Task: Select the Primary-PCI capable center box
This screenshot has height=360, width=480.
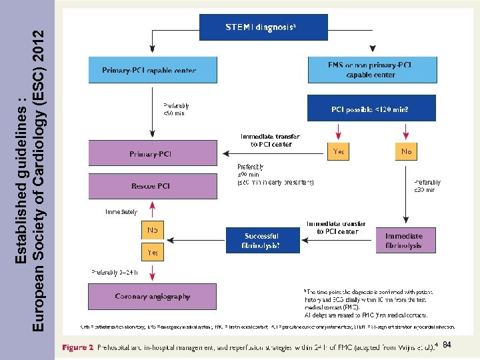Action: click(x=153, y=70)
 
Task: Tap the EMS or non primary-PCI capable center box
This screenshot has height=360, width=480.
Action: click(x=371, y=70)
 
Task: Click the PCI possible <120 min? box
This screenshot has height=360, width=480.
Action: click(x=371, y=108)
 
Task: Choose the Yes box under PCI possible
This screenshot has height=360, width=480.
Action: click(x=339, y=152)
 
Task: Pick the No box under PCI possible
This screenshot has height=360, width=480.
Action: click(x=407, y=152)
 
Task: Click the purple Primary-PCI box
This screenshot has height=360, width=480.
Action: click(x=153, y=154)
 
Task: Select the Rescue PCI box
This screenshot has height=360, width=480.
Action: click(x=153, y=186)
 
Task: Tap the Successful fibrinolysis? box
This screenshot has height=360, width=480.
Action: click(x=262, y=240)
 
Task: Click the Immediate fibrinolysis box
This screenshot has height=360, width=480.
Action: click(x=403, y=240)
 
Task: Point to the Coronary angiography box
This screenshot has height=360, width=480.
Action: click(x=153, y=296)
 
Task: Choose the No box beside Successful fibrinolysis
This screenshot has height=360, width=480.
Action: click(x=153, y=231)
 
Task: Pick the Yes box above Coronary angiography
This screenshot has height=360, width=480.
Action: click(x=153, y=253)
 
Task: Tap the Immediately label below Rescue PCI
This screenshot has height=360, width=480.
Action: click(x=121, y=212)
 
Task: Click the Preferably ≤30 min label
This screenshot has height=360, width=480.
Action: click(x=427, y=186)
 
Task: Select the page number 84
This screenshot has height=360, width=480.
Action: click(x=447, y=344)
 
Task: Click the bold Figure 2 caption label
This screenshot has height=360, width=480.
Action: click(x=78, y=347)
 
